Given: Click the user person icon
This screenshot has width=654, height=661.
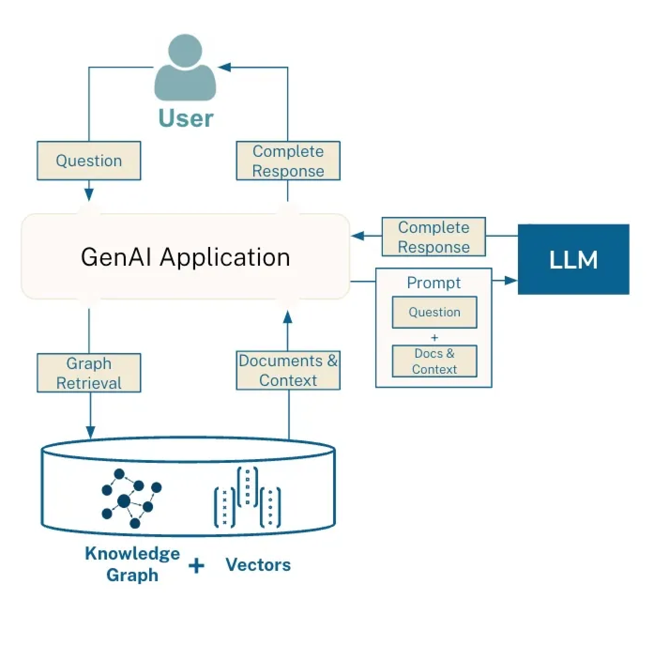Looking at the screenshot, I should [185, 69].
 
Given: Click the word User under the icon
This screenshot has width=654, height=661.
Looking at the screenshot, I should [186, 118].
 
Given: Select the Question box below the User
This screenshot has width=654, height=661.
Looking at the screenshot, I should [89, 161].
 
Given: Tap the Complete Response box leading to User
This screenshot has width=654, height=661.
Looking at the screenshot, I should [288, 161].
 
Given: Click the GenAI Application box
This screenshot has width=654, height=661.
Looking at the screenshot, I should [185, 257].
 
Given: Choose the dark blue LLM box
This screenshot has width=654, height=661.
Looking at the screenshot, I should [573, 260].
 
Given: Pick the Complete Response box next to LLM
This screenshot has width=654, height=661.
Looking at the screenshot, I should [433, 237].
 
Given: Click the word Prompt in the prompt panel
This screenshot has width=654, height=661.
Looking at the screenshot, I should [433, 283].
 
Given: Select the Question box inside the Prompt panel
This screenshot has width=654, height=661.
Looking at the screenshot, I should [434, 312].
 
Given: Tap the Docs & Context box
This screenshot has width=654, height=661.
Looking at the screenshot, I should [434, 361].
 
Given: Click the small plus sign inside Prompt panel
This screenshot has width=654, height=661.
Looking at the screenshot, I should [434, 338].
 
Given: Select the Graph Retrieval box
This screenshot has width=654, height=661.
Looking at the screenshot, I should [89, 373].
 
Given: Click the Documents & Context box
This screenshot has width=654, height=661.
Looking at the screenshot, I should [288, 370].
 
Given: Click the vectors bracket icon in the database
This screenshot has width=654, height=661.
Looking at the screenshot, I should [248, 498].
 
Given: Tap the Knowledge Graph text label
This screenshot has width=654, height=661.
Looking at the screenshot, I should [132, 564].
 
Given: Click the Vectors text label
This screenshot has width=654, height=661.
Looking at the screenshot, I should [258, 564].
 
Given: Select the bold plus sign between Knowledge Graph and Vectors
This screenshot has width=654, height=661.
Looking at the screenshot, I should [197, 566].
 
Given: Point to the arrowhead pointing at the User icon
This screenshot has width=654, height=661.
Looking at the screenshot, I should [225, 68].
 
